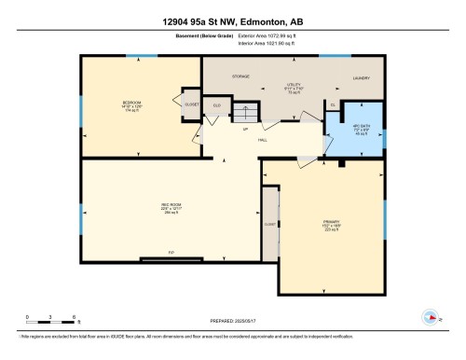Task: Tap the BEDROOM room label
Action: pos(131,103)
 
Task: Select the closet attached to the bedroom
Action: pos(191,104)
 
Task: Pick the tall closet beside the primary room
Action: pos(269,224)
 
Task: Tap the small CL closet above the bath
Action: pos(333,105)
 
